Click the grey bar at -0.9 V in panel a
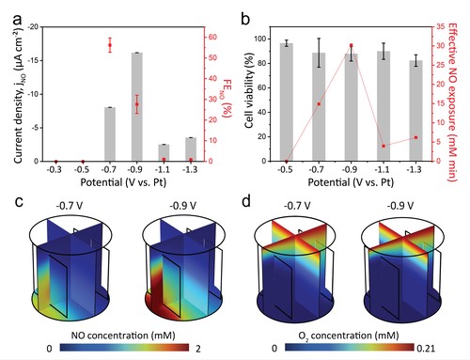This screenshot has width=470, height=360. (x=137, y=107)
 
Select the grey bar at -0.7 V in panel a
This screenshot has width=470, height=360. (x=110, y=134)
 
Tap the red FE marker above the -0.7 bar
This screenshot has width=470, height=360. (x=110, y=45)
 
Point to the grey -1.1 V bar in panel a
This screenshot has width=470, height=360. (x=164, y=153)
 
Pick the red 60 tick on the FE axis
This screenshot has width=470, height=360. (x=212, y=38)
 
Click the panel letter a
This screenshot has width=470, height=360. (x=18, y=21)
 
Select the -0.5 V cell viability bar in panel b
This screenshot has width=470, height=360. (x=287, y=102)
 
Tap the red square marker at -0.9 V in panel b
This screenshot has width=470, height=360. (x=352, y=45)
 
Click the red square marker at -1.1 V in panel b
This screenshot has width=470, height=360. (x=384, y=146)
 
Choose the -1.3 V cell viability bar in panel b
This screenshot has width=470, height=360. (x=415, y=111)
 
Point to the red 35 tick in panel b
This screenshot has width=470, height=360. (x=440, y=27)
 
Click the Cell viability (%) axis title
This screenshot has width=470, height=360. (x=249, y=90)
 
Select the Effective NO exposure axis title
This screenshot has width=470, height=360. (x=453, y=102)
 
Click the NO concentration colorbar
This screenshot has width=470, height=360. (x=124, y=348)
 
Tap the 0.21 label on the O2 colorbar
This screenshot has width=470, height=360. (x=426, y=348)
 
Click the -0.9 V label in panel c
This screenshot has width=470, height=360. (x=183, y=206)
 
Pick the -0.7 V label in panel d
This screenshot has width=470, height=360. (x=297, y=206)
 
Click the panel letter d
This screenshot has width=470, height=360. (x=246, y=201)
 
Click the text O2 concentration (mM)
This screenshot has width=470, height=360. (x=349, y=336)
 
